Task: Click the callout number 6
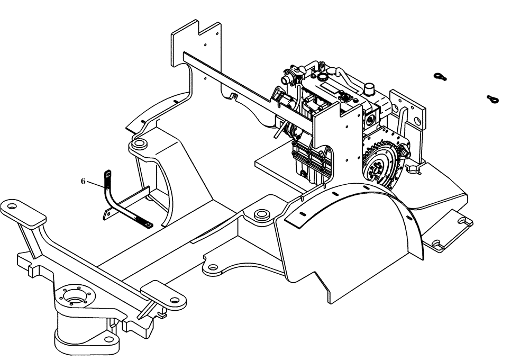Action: pos(83,181)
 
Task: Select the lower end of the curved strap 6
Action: pos(148,225)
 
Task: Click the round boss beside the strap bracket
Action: pos(140,143)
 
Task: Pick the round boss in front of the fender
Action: pos(260,215)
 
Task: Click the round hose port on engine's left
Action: pos(288,78)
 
